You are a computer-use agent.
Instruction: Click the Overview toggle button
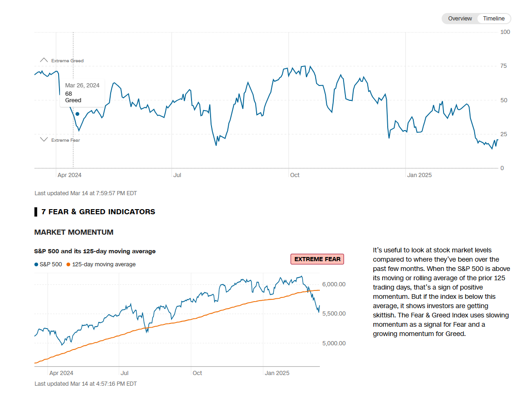460,19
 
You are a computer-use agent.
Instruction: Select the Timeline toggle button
493,19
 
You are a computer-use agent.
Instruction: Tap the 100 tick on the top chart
505,32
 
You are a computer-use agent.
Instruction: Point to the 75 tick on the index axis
503,66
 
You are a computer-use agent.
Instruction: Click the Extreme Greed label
67,61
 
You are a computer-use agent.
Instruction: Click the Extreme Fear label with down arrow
65,140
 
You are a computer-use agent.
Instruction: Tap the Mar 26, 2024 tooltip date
82,86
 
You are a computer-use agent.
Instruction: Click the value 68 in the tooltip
68,93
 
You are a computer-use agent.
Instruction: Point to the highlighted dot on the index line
77,114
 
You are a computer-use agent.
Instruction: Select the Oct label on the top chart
295,175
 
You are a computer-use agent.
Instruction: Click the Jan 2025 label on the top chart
419,175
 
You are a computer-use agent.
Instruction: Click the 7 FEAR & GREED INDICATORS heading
98,212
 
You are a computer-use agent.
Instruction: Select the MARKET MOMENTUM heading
74,232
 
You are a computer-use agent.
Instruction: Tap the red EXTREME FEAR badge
317,259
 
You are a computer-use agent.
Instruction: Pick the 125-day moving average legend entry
104,264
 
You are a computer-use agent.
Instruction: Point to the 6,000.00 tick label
334,284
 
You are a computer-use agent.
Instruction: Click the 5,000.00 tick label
334,343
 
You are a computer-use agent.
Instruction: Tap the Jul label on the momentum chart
125,373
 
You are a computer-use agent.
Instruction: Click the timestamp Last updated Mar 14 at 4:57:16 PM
86,384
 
